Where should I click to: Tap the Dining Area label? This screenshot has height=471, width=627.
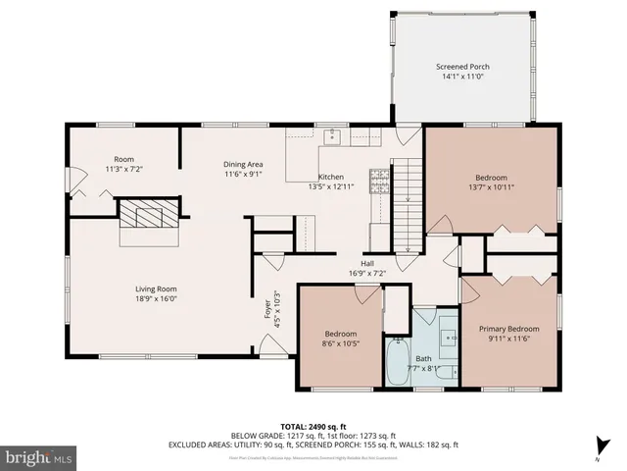[244, 164]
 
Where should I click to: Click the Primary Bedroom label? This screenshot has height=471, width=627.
[508, 329]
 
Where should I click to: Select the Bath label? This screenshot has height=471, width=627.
[423, 358]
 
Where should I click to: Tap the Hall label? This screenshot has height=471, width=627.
[367, 263]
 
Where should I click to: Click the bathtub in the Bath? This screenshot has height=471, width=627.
[399, 362]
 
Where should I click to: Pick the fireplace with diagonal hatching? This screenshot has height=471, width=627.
[150, 215]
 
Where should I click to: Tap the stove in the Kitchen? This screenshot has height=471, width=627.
[377, 181]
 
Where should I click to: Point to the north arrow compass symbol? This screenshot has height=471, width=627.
[598, 446]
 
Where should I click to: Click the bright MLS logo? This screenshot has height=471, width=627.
[39, 457]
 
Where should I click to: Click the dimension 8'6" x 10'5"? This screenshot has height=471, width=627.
[342, 343]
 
